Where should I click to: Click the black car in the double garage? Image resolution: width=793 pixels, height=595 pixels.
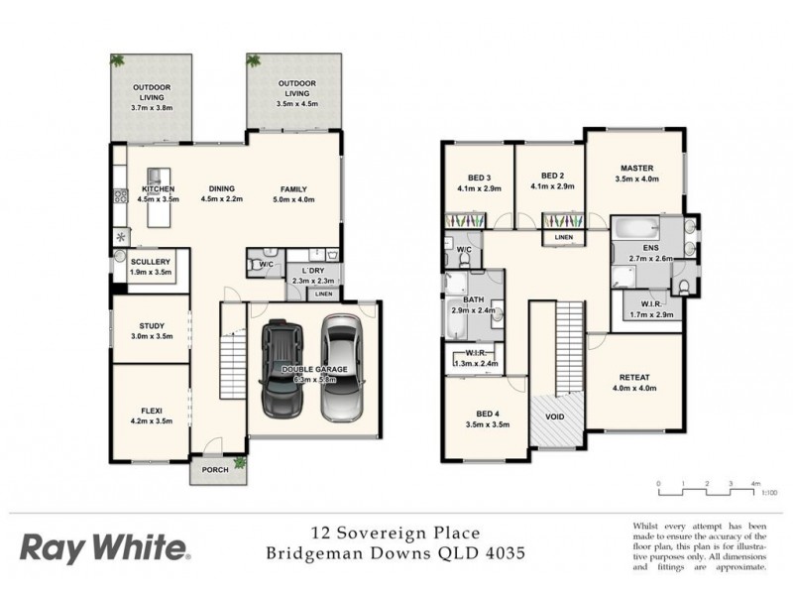click(283, 368)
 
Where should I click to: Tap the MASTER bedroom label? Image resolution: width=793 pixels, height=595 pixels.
click(635, 169)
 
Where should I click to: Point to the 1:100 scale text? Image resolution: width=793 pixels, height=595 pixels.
click(770, 492)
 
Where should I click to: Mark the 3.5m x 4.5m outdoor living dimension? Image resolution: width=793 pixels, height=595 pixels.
click(298, 104)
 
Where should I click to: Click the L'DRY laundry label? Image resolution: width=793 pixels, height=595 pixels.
click(313, 270)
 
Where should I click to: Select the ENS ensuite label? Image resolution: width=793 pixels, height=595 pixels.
click(650, 247)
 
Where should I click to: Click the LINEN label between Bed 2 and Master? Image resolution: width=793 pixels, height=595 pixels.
click(563, 237)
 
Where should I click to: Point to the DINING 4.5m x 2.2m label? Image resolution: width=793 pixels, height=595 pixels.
click(221, 188)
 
